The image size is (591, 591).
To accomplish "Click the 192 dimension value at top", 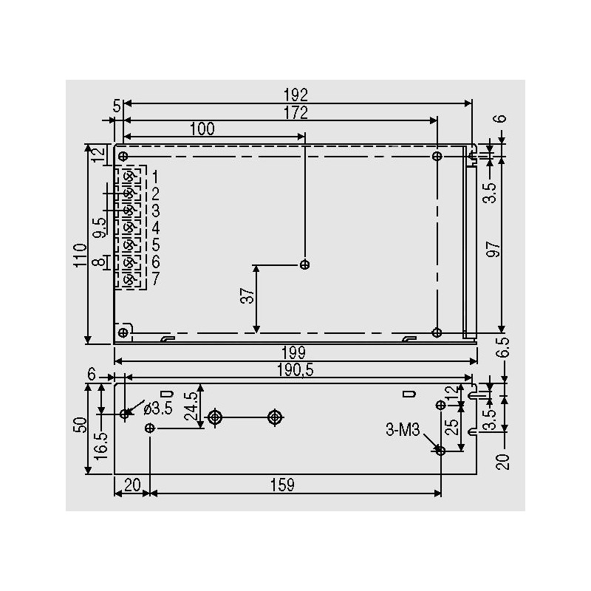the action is [295, 95].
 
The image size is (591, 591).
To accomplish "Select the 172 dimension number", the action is [295, 113].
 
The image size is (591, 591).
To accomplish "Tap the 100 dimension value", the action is [202, 129].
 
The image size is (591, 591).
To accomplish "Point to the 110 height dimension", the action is [80, 256].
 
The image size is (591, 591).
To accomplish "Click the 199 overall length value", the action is [294, 353].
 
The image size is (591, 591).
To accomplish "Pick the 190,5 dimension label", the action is [295, 370].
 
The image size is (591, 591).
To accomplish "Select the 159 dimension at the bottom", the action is [283, 485].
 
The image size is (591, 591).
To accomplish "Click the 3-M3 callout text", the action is [403, 430].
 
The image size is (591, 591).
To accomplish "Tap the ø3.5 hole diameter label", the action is [158, 409].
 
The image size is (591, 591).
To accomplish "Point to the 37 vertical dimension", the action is [247, 295].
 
